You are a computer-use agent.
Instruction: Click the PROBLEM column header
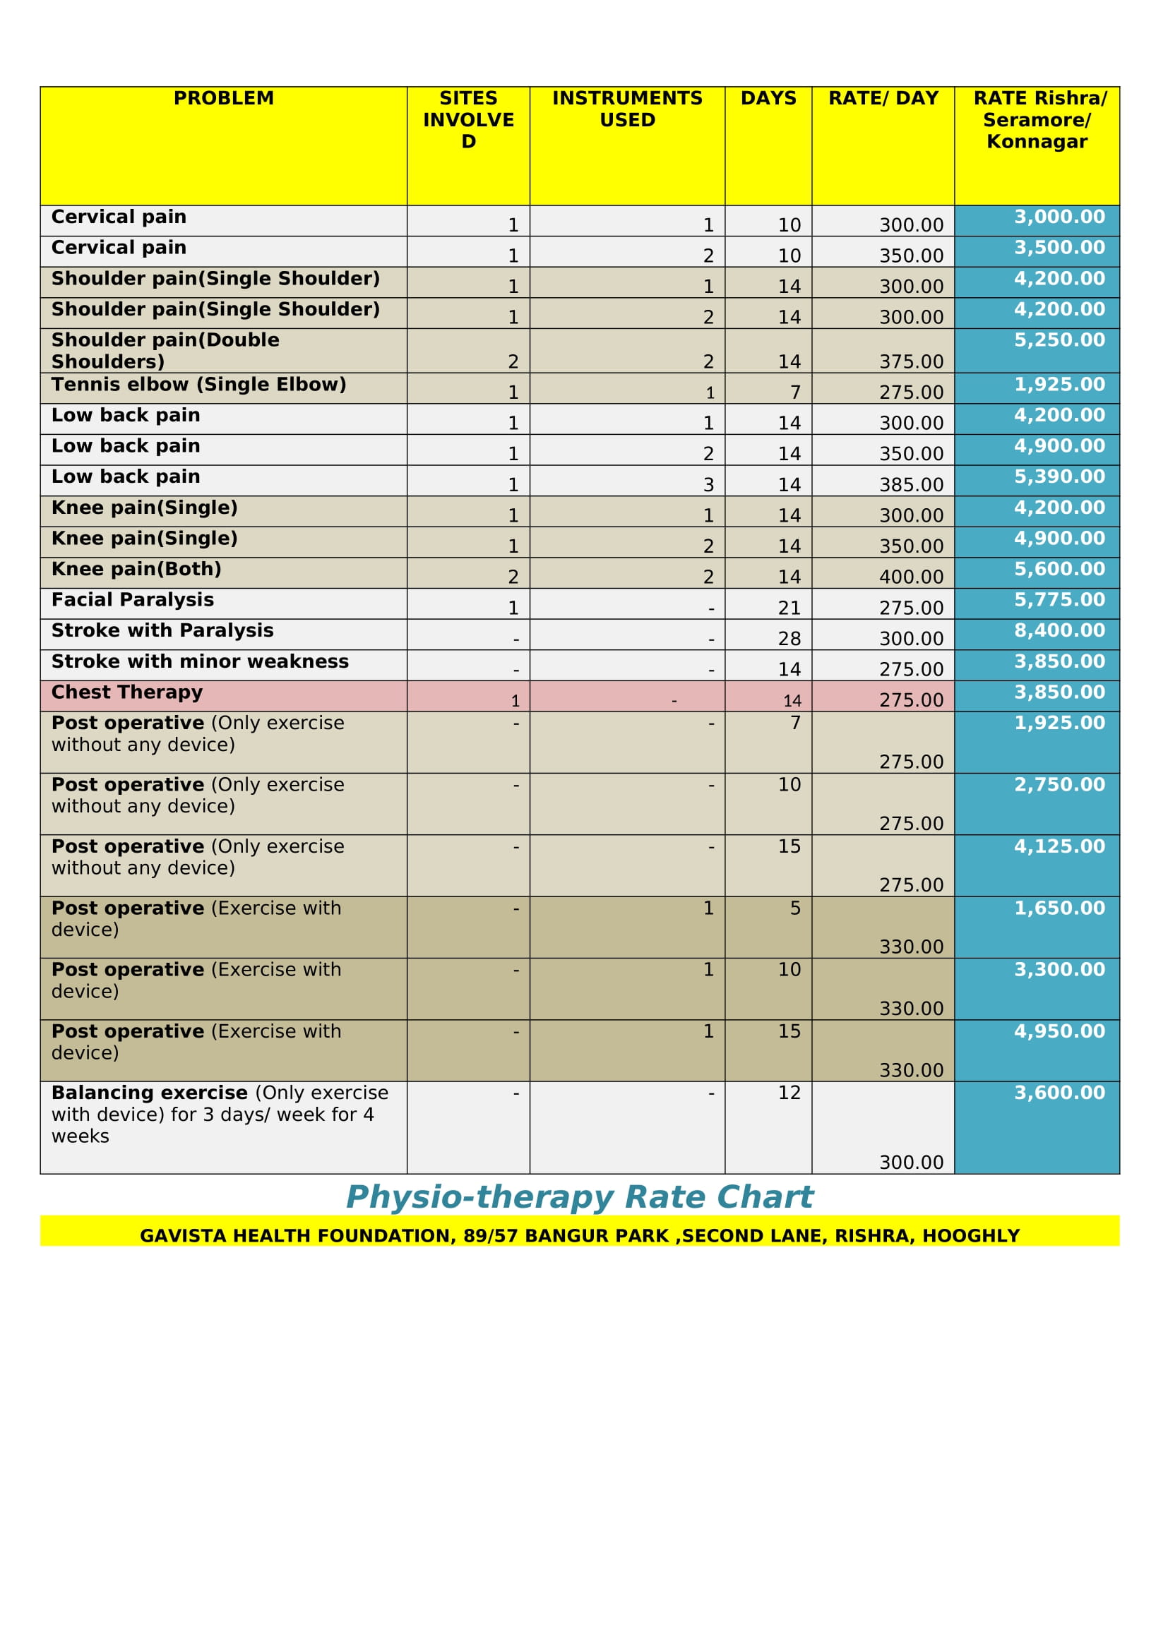tap(224, 99)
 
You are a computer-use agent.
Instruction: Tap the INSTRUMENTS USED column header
tap(627, 109)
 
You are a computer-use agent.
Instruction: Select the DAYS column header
tap(768, 99)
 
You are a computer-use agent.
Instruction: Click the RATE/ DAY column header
tap(883, 99)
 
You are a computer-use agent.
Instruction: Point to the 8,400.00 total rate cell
tap(1059, 630)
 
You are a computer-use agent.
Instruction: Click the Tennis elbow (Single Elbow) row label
tap(198, 385)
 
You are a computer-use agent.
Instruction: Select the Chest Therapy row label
tap(127, 692)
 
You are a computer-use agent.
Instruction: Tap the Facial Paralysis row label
tap(132, 600)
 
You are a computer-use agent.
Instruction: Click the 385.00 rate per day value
tap(910, 486)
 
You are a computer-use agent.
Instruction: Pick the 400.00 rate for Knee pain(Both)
tap(910, 577)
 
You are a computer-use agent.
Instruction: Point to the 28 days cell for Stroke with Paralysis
tap(789, 640)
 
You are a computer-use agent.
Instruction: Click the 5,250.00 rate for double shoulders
tap(1059, 340)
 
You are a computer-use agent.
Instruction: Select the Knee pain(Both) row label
tap(136, 569)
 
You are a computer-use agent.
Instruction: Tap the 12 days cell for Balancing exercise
tap(789, 1093)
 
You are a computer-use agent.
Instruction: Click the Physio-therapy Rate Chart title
tap(579, 1197)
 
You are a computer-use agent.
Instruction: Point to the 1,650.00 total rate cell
tap(1059, 908)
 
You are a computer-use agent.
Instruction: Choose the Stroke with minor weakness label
tap(200, 661)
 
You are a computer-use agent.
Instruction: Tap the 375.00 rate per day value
tap(910, 361)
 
